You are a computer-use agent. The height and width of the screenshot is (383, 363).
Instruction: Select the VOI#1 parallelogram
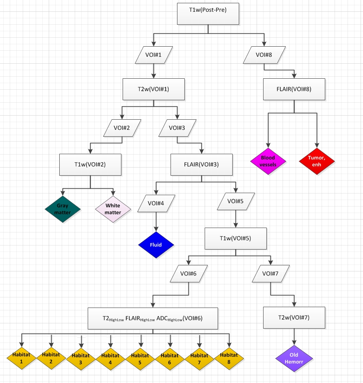[x=153, y=54]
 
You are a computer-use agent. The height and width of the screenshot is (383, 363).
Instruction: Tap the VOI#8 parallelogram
[x=264, y=54]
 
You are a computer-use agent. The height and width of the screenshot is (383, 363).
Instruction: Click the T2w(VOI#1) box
[x=153, y=89]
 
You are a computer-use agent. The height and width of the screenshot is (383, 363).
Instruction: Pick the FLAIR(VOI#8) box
[x=294, y=89]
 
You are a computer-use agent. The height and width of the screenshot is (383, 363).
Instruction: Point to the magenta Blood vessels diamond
[x=268, y=161]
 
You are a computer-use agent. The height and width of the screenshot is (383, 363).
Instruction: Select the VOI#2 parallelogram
[x=122, y=128]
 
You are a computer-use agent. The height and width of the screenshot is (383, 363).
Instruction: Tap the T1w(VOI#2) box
[x=90, y=165]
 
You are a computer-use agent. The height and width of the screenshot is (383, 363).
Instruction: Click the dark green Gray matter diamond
[x=63, y=209]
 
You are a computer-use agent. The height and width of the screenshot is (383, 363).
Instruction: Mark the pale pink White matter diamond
[x=113, y=209]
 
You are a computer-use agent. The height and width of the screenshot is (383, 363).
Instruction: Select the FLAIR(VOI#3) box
[x=201, y=165]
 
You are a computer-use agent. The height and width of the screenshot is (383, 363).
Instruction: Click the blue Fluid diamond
[x=156, y=245]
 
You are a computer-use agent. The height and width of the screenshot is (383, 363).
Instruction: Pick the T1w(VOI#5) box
[x=236, y=239]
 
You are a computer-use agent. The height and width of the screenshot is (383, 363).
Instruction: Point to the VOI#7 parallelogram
[x=271, y=273]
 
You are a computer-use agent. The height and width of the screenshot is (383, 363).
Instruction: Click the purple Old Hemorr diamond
[x=294, y=359]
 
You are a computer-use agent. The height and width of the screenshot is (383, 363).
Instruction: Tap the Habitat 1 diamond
[x=22, y=357]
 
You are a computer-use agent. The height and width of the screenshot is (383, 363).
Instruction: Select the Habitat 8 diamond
[x=228, y=357]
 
